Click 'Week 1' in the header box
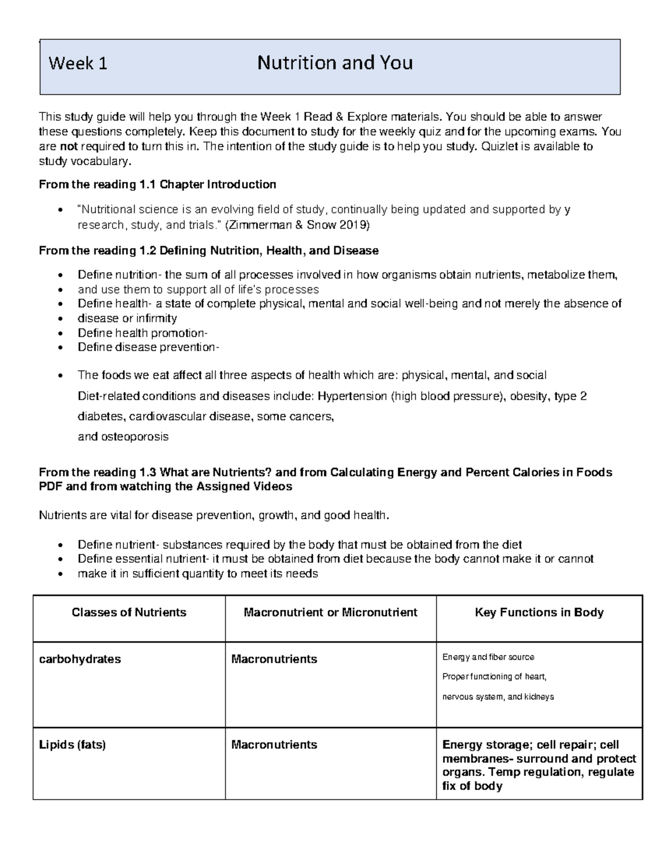click(x=78, y=64)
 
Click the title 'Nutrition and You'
click(x=335, y=63)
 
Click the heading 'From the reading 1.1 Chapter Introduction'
click(x=157, y=184)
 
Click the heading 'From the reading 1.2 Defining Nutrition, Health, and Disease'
click(x=209, y=251)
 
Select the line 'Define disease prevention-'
click(x=148, y=347)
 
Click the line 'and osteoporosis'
click(x=123, y=437)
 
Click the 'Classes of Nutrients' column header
click(x=129, y=612)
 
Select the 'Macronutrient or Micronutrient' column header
click(x=330, y=612)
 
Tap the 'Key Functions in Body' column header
click(x=539, y=612)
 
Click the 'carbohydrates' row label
click(x=80, y=659)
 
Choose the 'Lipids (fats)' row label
click(x=72, y=745)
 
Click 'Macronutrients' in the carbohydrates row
click(x=274, y=659)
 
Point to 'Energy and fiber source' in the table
click(x=488, y=657)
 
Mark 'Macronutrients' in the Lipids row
click(x=274, y=745)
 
